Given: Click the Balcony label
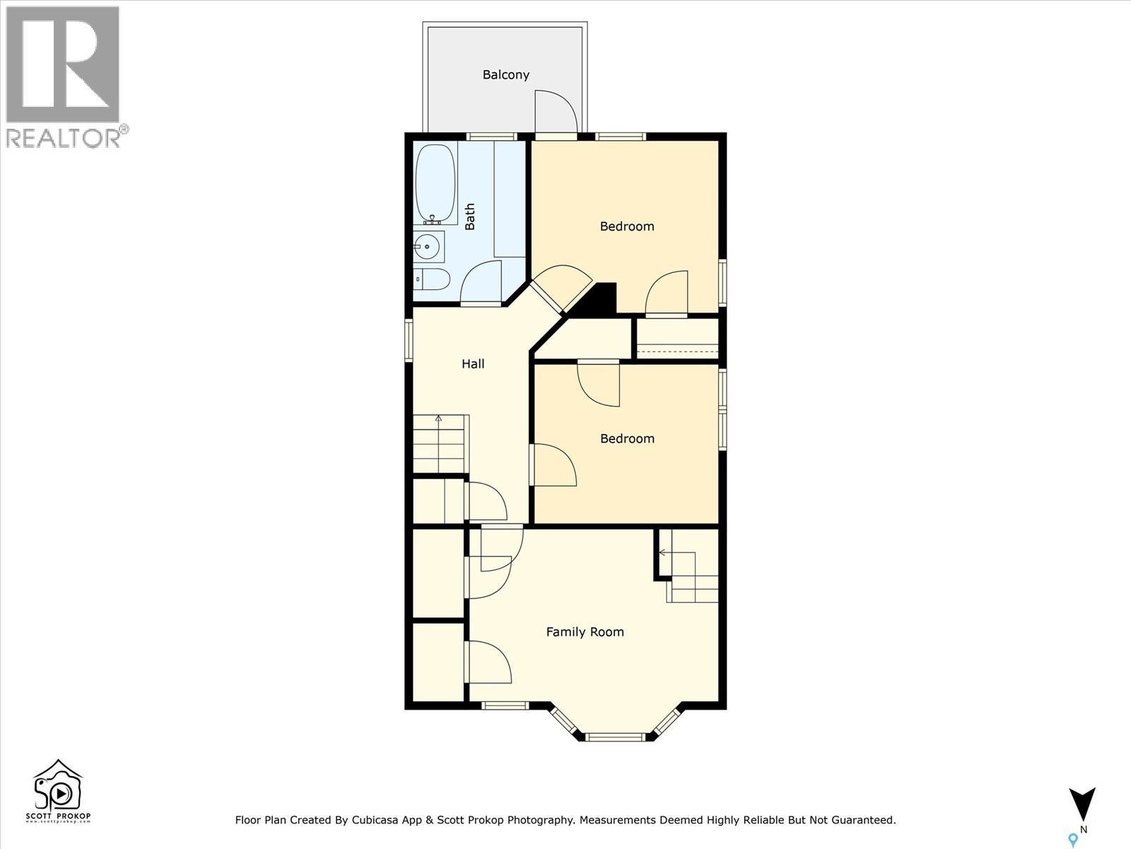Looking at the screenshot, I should coord(505,74).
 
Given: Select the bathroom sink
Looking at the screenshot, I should coord(427,247).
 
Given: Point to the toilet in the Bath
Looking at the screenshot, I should coord(431,279).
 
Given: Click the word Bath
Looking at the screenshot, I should coord(470,216).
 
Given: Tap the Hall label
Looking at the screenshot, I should coord(473,364).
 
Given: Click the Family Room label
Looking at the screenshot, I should coord(585,632).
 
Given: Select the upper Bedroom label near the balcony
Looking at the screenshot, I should coord(626,226).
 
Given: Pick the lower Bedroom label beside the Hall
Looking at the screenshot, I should coord(626,439).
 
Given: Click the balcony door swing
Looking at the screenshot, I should coord(555,112).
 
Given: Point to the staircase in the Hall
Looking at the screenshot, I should coord(440,444).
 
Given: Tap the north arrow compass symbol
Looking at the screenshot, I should coord(1082,804).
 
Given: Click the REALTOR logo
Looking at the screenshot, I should coord(64,76).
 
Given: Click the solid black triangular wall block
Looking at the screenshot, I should coord(599,301).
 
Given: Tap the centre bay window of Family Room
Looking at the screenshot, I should coord(615,737).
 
